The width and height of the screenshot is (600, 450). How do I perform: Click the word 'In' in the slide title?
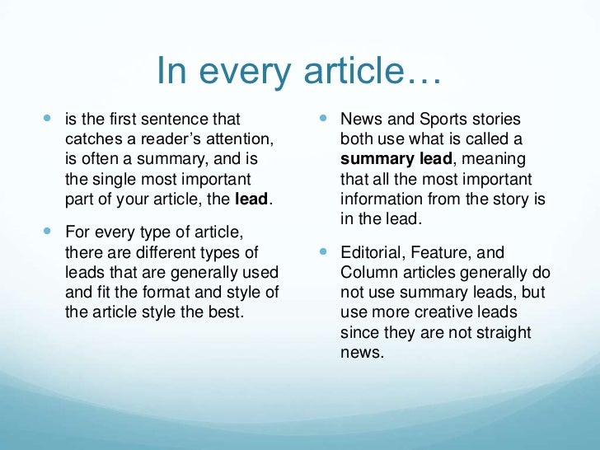pyautogui.click(x=171, y=72)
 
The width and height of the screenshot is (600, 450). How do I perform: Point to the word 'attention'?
pyautogui.click(x=239, y=140)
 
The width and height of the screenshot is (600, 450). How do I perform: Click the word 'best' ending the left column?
pyautogui.click(x=228, y=312)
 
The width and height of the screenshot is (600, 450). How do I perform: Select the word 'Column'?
pyautogui.click(x=366, y=273)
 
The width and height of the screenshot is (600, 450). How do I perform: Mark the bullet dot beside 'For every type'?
pyautogui.click(x=47, y=232)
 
